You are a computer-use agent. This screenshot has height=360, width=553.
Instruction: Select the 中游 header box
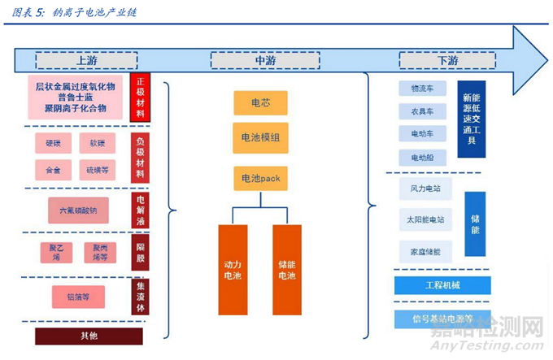[260, 60]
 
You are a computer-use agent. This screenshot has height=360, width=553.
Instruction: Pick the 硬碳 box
[53, 144]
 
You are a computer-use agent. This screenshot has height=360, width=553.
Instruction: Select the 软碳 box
[97, 144]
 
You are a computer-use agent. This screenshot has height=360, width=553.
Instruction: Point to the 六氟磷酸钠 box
[78, 210]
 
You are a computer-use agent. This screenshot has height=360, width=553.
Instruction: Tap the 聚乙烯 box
[56, 252]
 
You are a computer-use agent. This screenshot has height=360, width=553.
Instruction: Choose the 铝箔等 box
[78, 296]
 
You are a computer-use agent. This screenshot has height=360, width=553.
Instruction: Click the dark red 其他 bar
[89, 336]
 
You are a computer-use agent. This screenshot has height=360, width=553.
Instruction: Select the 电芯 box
[260, 103]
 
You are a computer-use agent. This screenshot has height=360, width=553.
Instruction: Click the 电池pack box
[260, 177]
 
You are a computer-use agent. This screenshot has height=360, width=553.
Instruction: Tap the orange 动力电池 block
[233, 270]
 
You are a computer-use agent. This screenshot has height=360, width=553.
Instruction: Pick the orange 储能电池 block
[287, 270]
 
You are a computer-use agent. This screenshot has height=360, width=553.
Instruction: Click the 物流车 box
[422, 89]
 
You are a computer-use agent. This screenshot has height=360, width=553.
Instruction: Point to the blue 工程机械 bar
[442, 285]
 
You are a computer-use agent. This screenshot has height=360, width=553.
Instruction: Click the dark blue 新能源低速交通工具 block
[472, 119]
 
